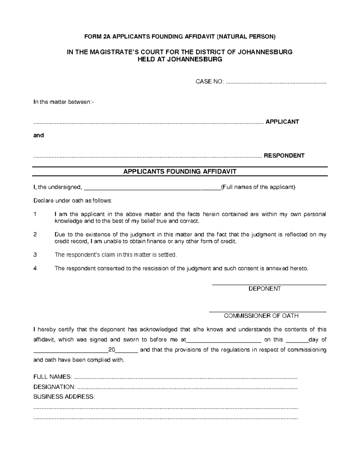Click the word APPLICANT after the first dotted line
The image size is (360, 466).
coord(282,122)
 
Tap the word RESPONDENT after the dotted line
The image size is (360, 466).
coord(284,156)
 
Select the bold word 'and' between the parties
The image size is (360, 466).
coord(39,135)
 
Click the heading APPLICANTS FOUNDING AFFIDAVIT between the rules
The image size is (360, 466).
coord(180,172)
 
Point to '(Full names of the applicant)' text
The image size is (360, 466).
coord(258,187)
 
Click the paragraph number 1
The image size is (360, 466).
coord(35,215)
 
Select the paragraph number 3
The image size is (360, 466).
coord(35,255)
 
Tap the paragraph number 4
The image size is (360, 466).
coord(35,269)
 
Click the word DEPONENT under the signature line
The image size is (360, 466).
coord(265,289)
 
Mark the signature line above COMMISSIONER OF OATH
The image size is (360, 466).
coord(268,312)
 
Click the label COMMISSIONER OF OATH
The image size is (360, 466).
coord(261,316)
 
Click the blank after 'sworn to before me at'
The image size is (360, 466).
coord(224,341)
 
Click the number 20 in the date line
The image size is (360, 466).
coord(112,350)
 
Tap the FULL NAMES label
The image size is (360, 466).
coord(52,377)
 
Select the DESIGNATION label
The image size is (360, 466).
coord(54,387)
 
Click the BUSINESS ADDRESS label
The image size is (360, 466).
coord(64,397)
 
